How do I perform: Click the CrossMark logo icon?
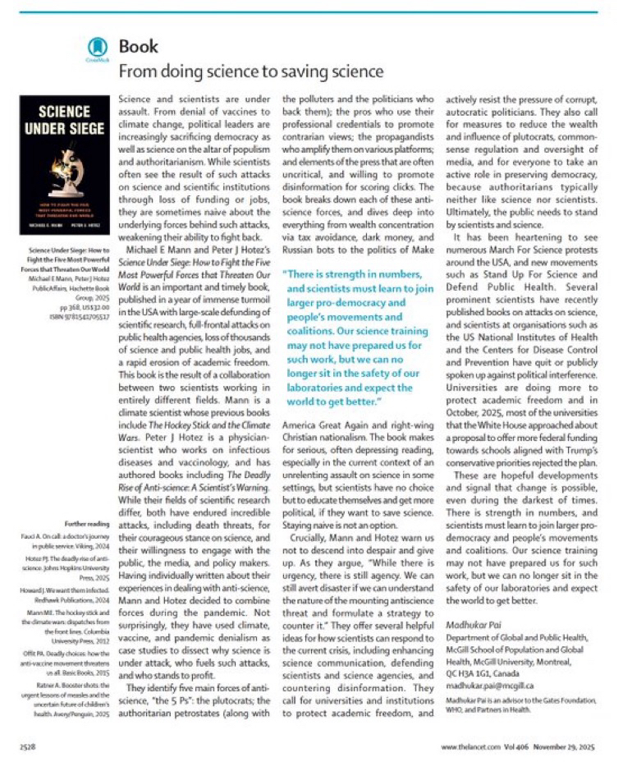(98, 48)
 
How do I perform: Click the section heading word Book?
(140, 45)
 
